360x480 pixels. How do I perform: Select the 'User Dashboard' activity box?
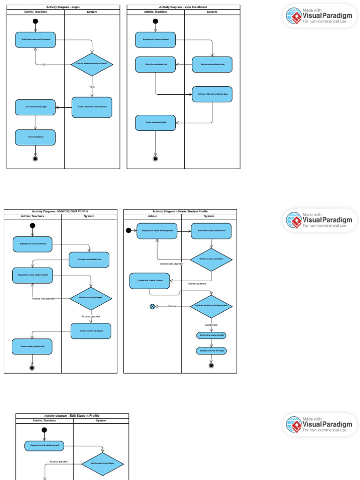pos(35,137)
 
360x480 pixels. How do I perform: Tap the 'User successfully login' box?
pos(35,107)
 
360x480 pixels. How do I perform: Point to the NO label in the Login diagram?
pos(44,65)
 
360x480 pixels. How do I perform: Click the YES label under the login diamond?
pos(92,87)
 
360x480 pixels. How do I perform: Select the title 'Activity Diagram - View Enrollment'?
pos(183,7)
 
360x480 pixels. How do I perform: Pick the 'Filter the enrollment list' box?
pos(156,64)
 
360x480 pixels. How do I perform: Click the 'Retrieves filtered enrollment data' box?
pos(212,94)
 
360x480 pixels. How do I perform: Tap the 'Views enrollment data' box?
pos(156,122)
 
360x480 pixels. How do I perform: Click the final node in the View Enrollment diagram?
pos(156,159)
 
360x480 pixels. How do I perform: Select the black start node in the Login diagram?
pos(35,21)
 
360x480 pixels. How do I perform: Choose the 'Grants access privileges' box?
pos(91,331)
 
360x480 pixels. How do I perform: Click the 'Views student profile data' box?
pos(32,346)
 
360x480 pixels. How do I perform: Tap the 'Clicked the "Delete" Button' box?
pos(150,281)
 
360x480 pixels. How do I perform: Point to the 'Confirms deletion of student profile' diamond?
pos(211,306)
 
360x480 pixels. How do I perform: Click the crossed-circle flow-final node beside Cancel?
pos(152,307)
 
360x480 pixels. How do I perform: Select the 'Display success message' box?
pos(211,351)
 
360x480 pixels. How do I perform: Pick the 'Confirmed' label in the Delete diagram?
pos(211,325)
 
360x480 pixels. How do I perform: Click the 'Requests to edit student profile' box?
pos(45,445)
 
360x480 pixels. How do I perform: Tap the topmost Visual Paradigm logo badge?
pos(320,16)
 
